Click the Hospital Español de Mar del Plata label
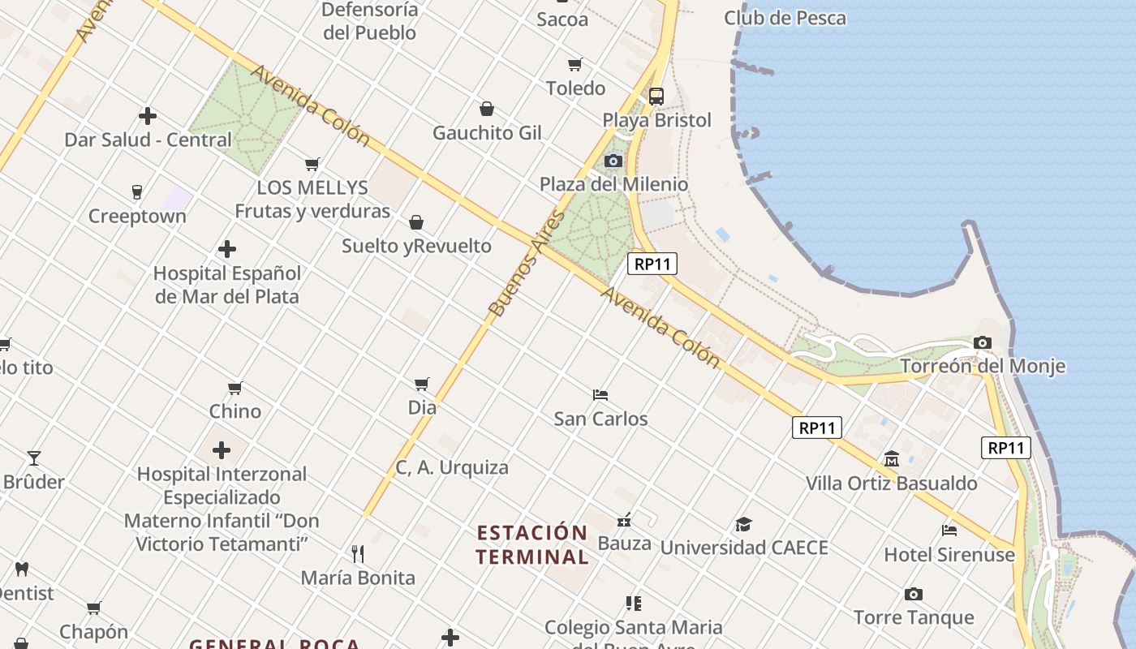[226, 285]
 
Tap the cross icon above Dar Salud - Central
[147, 116]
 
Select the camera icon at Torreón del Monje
[982, 342]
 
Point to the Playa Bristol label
[656, 120]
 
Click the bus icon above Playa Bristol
[656, 97]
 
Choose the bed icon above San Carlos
[600, 395]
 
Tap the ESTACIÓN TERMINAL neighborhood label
[532, 544]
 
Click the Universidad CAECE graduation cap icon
[743, 524]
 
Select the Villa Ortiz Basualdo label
[891, 484]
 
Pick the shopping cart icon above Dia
[421, 384]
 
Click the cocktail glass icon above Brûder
[34, 458]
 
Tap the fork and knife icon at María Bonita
[358, 554]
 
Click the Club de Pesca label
[785, 18]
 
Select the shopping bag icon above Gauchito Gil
[487, 109]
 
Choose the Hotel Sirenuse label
[949, 555]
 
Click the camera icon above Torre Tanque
[913, 594]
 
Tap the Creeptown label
[137, 217]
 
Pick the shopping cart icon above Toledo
[575, 64]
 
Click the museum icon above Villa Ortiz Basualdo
[892, 459]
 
